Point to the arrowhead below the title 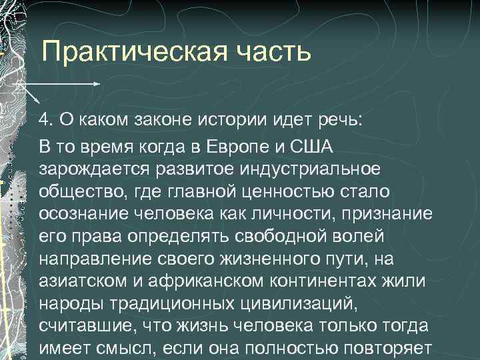[97, 85]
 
